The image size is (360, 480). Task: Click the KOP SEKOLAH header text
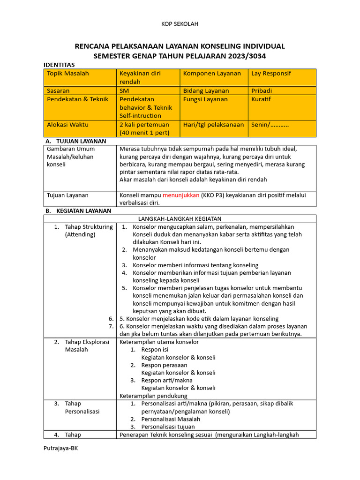click(180, 24)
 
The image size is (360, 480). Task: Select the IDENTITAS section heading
click(59, 65)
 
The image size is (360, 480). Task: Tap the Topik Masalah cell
click(68, 74)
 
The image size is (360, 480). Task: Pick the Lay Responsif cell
click(271, 74)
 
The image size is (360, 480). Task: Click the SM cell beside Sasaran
click(125, 90)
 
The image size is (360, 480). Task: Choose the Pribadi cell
click(262, 90)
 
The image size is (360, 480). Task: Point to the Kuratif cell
click(261, 99)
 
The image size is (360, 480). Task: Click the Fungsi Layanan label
click(205, 99)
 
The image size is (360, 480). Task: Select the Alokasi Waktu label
click(67, 125)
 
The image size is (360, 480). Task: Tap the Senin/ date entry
click(270, 125)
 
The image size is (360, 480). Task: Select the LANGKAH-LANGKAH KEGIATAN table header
click(180, 219)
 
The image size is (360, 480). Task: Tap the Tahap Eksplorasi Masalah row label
click(82, 345)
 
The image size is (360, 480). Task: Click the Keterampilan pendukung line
click(150, 396)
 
